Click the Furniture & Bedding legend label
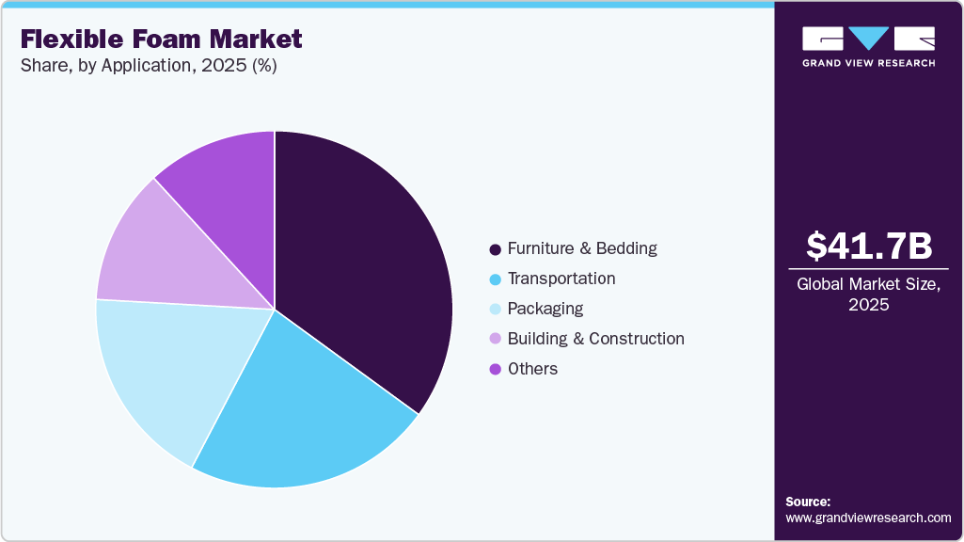pos(582,248)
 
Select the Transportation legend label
pos(561,279)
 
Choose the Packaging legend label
pos(545,309)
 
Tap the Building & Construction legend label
pos(595,339)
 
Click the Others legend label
pos(532,369)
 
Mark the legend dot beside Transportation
pos(495,279)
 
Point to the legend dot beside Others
pos(495,370)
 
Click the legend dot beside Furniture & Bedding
pos(495,249)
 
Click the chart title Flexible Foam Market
pos(161,39)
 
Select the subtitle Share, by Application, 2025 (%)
pos(148,66)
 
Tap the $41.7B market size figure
pos(869,246)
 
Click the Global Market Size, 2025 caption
pos(869,295)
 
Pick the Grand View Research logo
pos(869,46)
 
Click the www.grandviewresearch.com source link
pos(868,518)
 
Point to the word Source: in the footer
pos(808,502)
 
